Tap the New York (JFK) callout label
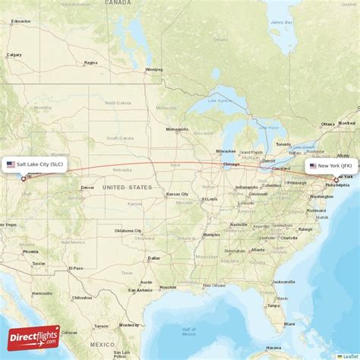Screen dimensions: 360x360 [331, 165]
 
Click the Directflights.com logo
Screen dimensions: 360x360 [34, 337]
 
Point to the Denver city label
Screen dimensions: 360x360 [88, 187]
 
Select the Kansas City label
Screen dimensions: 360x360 [178, 194]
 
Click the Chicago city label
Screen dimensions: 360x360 [231, 165]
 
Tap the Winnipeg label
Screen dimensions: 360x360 [154, 69]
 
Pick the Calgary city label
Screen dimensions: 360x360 [14, 55]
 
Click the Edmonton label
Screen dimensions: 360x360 [21, 21]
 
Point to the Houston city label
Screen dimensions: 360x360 [168, 287]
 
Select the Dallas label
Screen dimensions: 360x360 [154, 258]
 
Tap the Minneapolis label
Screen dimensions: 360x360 [177, 129]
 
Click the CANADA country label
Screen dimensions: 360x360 [118, 3]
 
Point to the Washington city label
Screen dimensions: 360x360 [321, 196]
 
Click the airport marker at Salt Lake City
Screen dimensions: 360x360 [24, 178]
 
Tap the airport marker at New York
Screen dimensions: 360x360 [336, 180]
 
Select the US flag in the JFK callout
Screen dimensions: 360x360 [313, 165]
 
